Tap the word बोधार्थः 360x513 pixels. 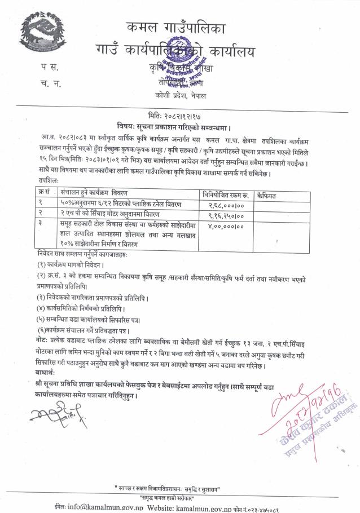pyautogui.click(x=45, y=372)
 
